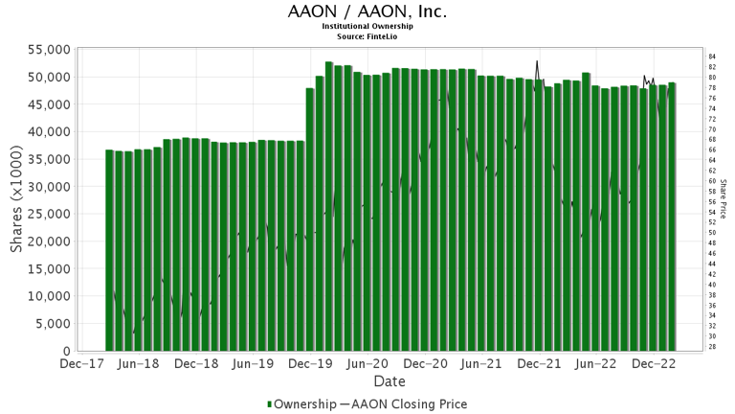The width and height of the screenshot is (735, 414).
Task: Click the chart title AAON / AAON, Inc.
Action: tap(367, 12)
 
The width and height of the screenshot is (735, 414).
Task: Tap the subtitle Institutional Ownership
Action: tap(367, 27)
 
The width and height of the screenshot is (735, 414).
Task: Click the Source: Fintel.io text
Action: tap(367, 35)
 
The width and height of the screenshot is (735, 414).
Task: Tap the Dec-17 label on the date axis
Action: tap(81, 364)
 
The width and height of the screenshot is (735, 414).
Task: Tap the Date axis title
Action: tap(367, 381)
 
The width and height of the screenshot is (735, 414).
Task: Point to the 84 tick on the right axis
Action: tap(712, 57)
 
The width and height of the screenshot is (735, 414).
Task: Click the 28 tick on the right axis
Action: tap(712, 347)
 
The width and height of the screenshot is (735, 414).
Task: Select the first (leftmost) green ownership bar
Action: tap(109, 251)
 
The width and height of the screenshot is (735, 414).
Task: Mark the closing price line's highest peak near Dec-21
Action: tap(537, 62)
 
